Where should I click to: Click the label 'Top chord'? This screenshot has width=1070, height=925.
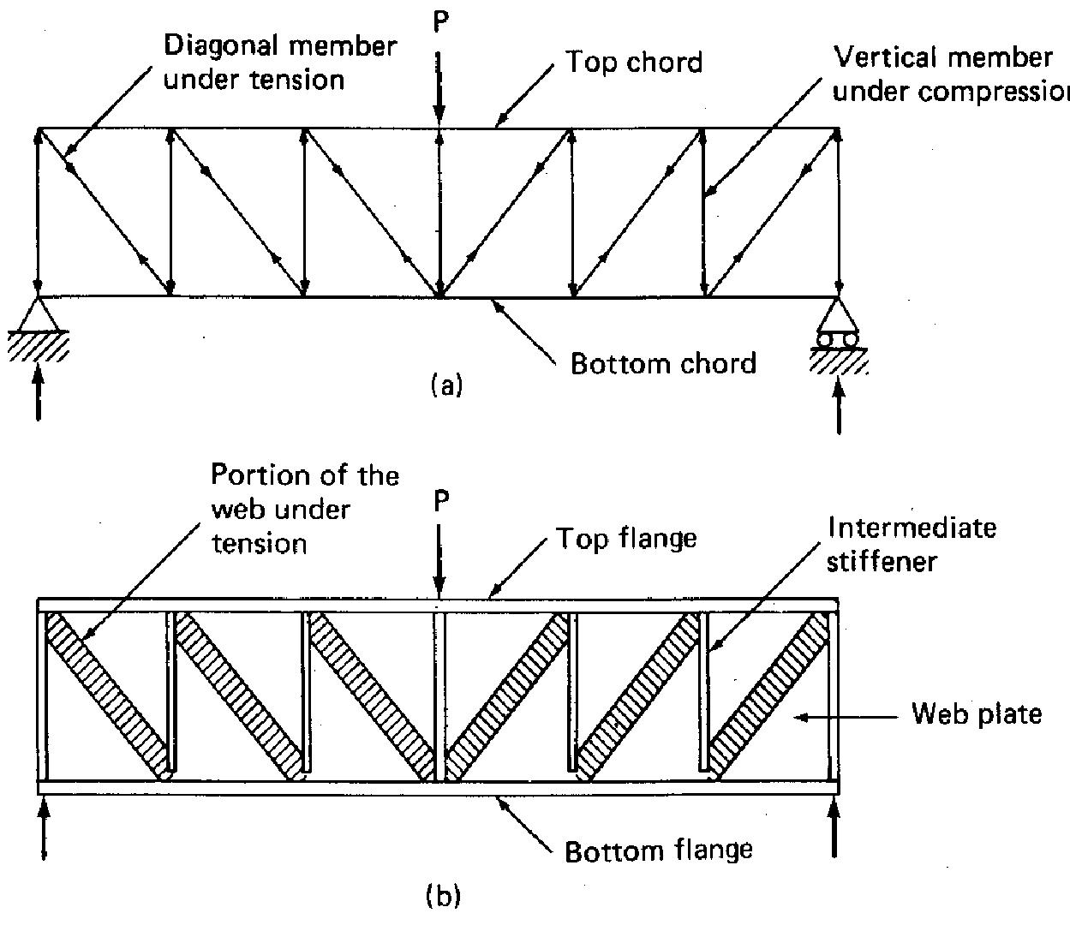point(634,63)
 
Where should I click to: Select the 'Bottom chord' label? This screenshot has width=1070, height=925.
point(663,363)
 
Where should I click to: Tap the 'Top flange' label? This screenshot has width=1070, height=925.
point(626,539)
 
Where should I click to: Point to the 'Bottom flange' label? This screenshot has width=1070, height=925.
point(659,850)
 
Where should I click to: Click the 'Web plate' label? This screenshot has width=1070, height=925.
point(977,713)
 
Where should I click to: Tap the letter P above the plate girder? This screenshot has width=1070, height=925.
point(439,502)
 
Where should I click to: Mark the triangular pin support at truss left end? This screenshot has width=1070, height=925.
point(38,315)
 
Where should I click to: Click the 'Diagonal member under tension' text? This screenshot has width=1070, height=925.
point(280,63)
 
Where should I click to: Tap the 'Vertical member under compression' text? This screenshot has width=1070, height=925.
point(947,75)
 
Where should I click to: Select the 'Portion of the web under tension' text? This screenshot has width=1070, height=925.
point(305,509)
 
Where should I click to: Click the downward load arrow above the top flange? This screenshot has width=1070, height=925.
point(439,560)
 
